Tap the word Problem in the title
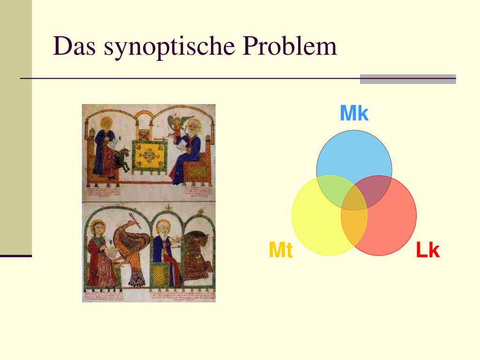[x=290, y=47]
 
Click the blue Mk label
[x=354, y=114]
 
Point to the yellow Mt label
[x=280, y=251]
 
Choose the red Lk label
[x=427, y=251]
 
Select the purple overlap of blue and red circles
[x=377, y=190]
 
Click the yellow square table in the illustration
[x=150, y=155]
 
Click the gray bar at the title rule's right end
[x=408, y=79]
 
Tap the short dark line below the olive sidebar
[x=16, y=256]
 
